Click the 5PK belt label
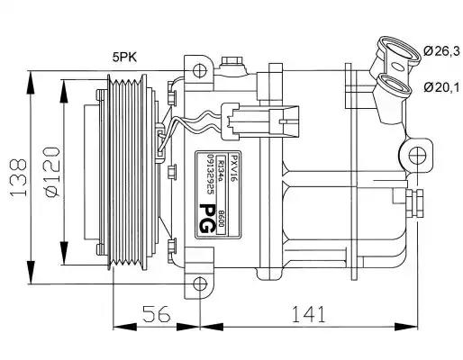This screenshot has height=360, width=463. (124, 57)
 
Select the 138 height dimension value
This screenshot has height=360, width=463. (19, 177)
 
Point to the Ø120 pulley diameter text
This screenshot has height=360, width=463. (52, 172)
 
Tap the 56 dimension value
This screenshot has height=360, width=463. (157, 314)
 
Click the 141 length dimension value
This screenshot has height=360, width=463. (308, 314)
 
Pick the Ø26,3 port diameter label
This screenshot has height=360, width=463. (441, 51)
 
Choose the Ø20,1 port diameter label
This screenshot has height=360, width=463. (441, 87)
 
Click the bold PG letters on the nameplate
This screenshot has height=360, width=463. (207, 219)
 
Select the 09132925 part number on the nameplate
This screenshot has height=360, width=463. (211, 175)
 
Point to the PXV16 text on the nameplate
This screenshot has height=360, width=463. (233, 166)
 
